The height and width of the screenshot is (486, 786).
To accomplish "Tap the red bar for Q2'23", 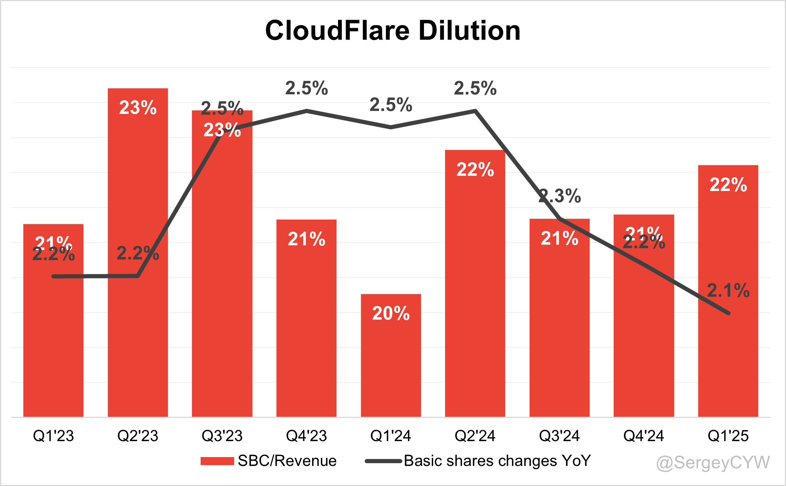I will point(138,323).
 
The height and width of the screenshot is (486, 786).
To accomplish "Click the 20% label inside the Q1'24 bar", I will point(391,313).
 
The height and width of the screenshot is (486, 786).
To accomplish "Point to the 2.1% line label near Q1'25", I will point(728,291).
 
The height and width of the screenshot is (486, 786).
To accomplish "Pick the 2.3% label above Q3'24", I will point(560,196).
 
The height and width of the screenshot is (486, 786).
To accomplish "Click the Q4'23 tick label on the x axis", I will point(306,436).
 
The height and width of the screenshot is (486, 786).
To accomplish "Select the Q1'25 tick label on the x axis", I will point(728,436).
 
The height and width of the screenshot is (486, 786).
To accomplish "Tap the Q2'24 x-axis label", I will point(475,436).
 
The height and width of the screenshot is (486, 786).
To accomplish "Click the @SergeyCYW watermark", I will point(713,463).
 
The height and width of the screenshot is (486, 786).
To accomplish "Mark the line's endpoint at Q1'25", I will point(728,313).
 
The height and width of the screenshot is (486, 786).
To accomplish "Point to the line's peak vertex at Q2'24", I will point(475,111).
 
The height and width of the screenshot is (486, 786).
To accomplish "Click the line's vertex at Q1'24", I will point(391,127).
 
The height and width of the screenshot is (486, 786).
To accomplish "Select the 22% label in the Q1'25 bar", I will point(728,185).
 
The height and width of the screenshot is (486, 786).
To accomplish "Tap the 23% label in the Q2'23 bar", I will point(138,108).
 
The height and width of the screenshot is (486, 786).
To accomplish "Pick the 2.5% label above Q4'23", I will point(306,89).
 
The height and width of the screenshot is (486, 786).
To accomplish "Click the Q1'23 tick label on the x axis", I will point(53,436).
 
